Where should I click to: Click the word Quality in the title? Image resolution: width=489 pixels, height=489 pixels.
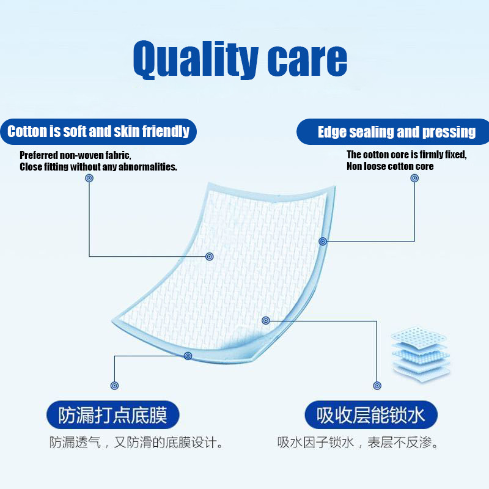point(196,60)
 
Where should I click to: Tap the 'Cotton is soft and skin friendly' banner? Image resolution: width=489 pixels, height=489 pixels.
point(98,131)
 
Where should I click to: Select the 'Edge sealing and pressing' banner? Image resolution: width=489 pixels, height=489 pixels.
point(393,131)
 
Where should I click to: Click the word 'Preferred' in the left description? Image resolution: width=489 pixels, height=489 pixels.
point(39,155)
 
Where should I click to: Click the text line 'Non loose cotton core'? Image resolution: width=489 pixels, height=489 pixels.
point(390,166)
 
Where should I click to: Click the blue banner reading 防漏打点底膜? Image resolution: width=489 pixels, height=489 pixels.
point(113,415)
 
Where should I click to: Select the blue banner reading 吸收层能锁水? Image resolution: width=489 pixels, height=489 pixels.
point(371,415)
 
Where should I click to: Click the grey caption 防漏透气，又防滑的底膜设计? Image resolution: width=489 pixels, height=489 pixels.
point(136,442)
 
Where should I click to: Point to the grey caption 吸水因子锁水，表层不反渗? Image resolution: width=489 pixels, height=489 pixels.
point(358,442)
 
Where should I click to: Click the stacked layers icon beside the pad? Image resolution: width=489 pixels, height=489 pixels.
point(420,354)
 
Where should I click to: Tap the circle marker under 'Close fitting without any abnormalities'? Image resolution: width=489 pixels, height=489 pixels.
point(89,178)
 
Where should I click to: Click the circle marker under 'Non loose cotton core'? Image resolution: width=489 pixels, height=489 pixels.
point(414,178)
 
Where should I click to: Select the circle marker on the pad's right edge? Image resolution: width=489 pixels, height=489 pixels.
point(323,241)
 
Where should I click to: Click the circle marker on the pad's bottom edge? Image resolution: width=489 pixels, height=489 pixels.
point(188,356)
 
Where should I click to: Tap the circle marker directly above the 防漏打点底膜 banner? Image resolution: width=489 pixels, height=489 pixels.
point(114,386)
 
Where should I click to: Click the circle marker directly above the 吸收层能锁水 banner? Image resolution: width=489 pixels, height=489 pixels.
point(377,386)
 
